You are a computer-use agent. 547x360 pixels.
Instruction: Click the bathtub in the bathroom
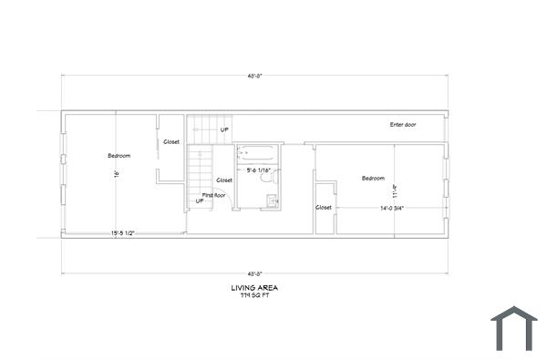pos(258,153)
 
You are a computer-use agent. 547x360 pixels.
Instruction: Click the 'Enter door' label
pos(403,124)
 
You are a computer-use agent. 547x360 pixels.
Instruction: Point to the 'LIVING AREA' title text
pos(255,288)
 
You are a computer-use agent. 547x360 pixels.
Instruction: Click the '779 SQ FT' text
pos(255,296)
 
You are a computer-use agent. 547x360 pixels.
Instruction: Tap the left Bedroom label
pos(119,156)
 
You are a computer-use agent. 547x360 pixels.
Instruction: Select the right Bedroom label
pos(373,179)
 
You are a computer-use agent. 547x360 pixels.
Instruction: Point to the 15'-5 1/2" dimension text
pos(123,232)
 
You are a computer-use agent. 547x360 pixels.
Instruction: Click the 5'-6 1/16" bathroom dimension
pos(260,170)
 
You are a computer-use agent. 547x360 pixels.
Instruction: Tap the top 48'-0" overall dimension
pos(255,76)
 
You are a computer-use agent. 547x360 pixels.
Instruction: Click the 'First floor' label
pos(213,195)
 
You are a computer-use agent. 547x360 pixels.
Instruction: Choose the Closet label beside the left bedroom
pos(171,141)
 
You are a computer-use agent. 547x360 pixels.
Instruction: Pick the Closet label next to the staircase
pos(225,180)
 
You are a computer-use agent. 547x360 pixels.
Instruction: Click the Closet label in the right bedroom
pos(325,207)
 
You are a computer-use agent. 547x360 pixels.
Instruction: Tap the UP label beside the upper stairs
pos(224,130)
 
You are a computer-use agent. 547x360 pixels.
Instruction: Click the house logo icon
pos(514,328)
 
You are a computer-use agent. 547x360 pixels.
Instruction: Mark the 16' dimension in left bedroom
pos(117,175)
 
